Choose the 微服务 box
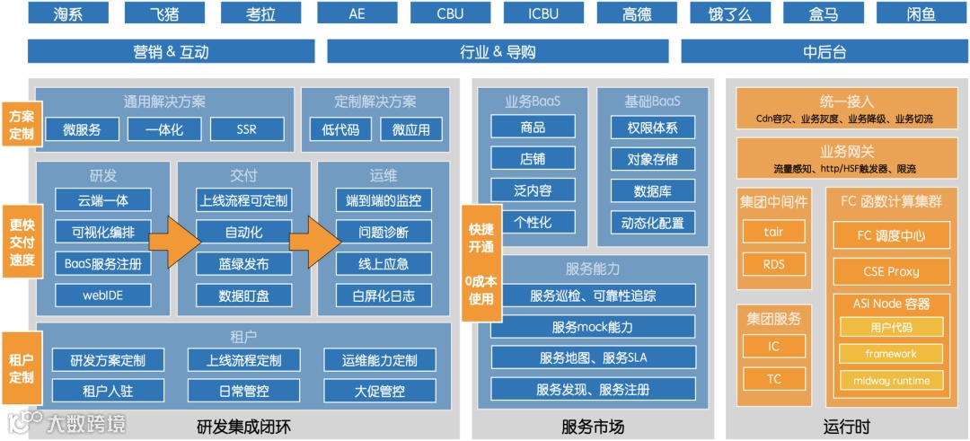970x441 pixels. (82, 129)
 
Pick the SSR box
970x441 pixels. (247, 129)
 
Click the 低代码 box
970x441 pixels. (340, 129)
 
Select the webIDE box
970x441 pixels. (102, 295)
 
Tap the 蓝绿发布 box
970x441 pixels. (243, 264)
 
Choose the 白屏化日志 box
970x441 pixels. (384, 295)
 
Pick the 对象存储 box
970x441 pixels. (652, 160)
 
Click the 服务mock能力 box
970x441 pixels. (593, 327)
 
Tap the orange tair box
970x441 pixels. (773, 232)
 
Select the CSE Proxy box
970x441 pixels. (890, 271)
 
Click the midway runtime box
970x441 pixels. (891, 381)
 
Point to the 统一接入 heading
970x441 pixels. (846, 102)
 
